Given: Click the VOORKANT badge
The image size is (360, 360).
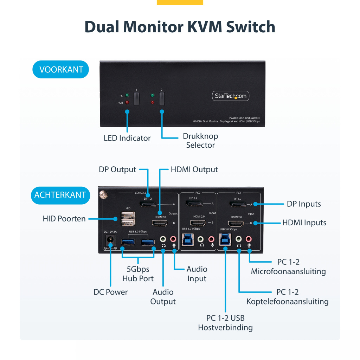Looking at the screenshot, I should point(61,69).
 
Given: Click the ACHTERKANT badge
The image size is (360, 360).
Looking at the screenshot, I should point(60,195).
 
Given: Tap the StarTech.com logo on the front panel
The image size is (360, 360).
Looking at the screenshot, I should point(231,96).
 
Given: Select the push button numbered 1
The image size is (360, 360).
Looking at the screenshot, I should point(136,98).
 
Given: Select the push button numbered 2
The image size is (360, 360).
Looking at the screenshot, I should point(162,98).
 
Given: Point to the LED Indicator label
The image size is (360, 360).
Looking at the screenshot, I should point(127,138).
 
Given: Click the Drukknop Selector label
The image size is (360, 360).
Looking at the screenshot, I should point(200,141).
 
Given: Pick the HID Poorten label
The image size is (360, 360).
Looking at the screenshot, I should point(64,219).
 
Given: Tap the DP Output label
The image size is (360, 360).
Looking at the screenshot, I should point(117,169).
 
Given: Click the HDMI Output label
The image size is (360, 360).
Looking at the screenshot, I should point(194,169).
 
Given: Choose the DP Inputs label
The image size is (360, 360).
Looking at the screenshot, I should point(304,204).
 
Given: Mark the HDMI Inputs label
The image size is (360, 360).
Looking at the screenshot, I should point(304,223).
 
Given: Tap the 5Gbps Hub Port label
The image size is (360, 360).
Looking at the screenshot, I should point(138,274).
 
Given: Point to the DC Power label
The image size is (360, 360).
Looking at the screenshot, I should point(110,292).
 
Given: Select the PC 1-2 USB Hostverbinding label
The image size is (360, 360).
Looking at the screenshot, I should point(225,323).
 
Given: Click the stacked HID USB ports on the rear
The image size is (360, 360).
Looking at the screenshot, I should point(128,221).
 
